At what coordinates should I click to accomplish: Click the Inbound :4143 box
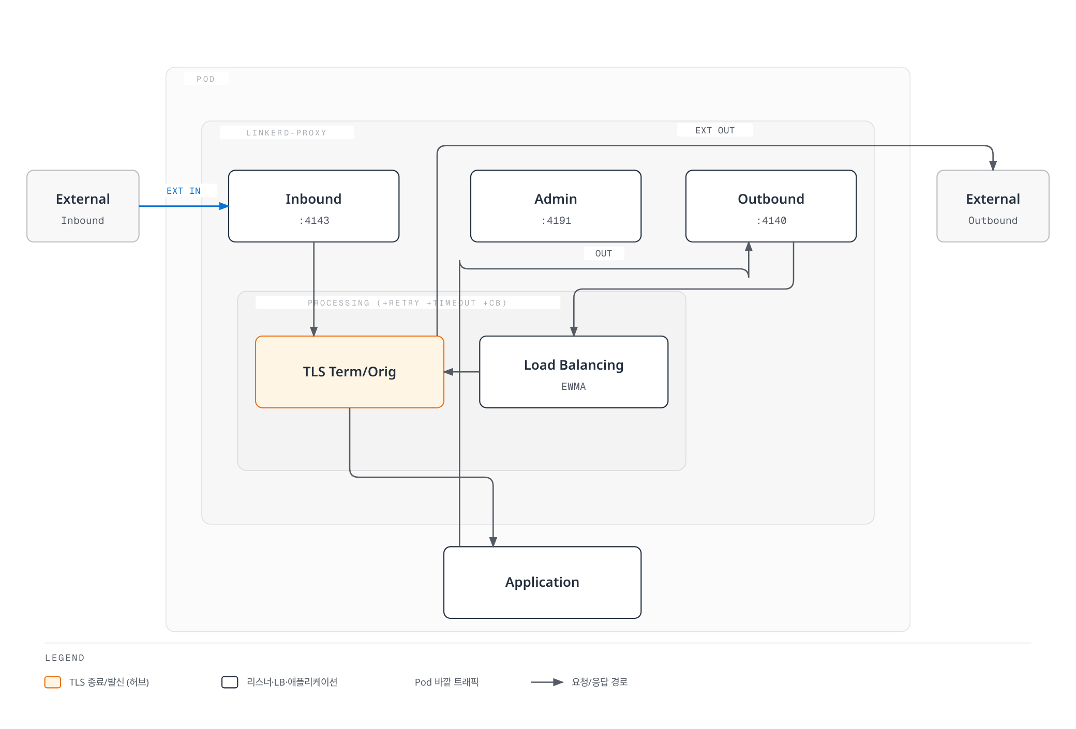pyautogui.click(x=313, y=206)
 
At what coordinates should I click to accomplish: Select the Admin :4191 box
pyautogui.click(x=556, y=206)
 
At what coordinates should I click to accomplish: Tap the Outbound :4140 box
pyautogui.click(x=771, y=206)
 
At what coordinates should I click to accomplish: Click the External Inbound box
pyautogui.click(x=83, y=206)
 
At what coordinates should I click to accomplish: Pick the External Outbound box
pyautogui.click(x=993, y=206)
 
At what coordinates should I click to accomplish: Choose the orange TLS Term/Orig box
pyautogui.click(x=350, y=372)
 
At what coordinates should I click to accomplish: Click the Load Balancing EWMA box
pyautogui.click(x=574, y=372)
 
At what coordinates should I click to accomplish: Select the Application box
pyautogui.click(x=542, y=582)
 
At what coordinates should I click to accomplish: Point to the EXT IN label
pyautogui.click(x=184, y=191)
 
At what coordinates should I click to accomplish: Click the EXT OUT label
pyautogui.click(x=715, y=130)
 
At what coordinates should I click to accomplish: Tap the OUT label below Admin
pyautogui.click(x=604, y=253)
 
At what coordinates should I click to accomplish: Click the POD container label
pyautogui.click(x=205, y=79)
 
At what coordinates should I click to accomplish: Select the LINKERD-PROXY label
pyautogui.click(x=287, y=133)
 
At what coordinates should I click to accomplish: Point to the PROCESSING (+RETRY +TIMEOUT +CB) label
pyautogui.click(x=407, y=303)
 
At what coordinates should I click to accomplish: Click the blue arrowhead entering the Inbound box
pyautogui.click(x=225, y=206)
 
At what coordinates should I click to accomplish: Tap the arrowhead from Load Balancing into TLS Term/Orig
pyautogui.click(x=449, y=372)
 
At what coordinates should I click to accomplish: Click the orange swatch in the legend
pyautogui.click(x=53, y=682)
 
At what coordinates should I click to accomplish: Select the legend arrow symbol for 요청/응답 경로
pyautogui.click(x=547, y=682)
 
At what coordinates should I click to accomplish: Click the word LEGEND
pyautogui.click(x=65, y=658)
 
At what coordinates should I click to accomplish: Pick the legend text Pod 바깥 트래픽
pyautogui.click(x=446, y=682)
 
